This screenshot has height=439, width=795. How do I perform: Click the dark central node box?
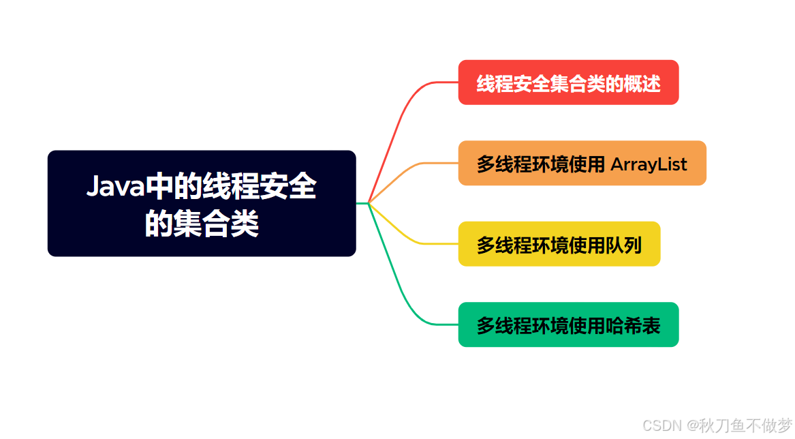click(202, 203)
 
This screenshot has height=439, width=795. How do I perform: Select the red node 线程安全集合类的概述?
click(568, 82)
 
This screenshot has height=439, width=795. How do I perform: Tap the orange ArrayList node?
click(582, 163)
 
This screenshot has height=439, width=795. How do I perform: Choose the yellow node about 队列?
click(559, 243)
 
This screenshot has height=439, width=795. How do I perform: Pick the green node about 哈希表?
click(568, 324)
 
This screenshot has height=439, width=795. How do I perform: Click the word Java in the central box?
click(116, 186)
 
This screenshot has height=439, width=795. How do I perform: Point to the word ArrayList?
click(649, 164)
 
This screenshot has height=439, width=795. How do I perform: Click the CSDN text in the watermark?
click(661, 425)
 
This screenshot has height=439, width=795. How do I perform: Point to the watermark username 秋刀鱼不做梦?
click(745, 425)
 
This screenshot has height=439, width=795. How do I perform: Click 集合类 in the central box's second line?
click(216, 224)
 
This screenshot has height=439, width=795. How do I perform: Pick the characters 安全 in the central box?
click(288, 186)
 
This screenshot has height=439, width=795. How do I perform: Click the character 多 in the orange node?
click(486, 164)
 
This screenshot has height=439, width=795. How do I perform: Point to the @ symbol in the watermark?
click(691, 425)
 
